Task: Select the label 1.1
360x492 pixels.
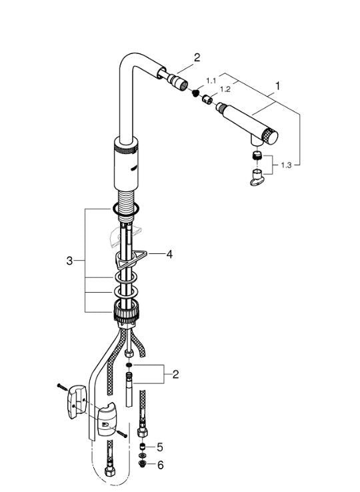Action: tap(211, 80)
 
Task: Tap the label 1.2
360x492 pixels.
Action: tap(225, 89)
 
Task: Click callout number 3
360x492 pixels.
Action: tap(70, 261)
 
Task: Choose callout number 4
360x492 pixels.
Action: tap(169, 254)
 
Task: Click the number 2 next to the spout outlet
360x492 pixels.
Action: tap(197, 58)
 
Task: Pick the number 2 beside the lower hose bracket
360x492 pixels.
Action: tap(175, 375)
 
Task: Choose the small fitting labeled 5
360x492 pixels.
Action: tap(141, 447)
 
